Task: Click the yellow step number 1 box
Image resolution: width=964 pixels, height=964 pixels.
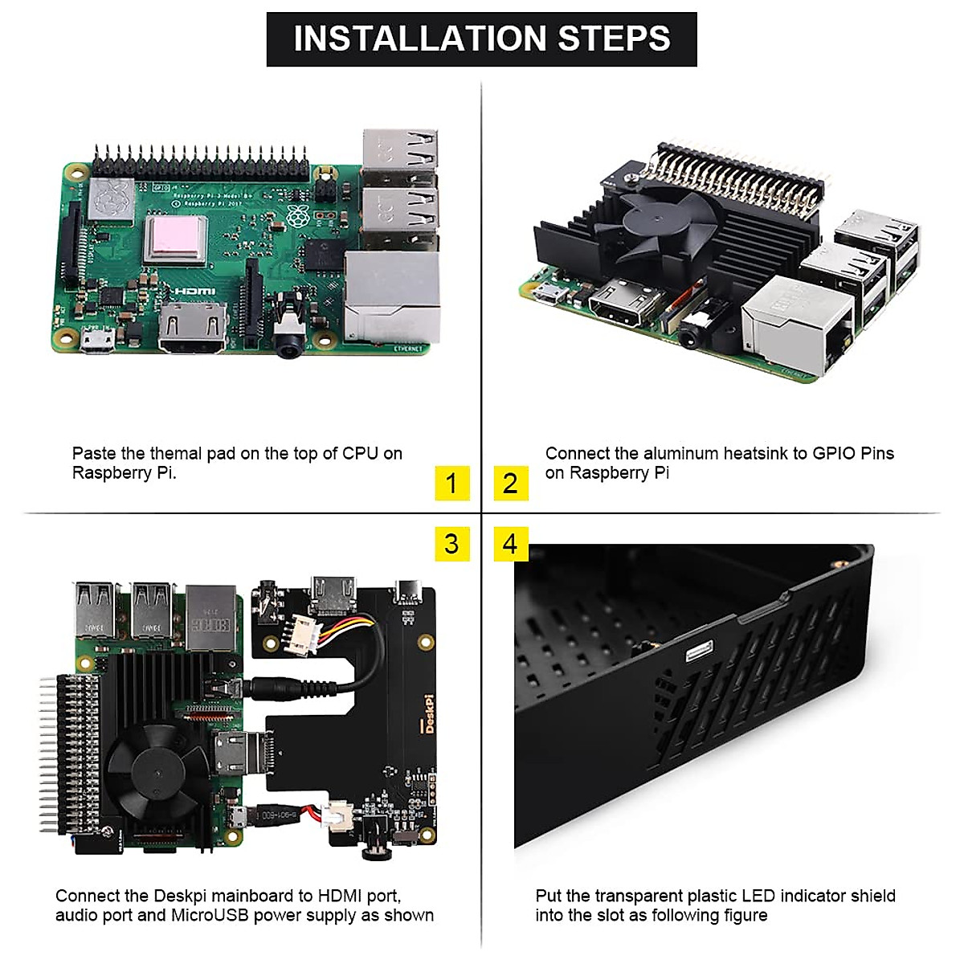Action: pos(451,483)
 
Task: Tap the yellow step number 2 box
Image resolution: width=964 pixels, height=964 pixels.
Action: pos(510,483)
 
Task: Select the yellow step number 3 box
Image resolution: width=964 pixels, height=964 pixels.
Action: pos(451,544)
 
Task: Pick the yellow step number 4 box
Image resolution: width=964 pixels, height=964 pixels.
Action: pos(510,544)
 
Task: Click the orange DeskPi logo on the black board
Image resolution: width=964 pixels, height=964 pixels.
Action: pos(429,715)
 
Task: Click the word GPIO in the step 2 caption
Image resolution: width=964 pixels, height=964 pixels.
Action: pos(833,453)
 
